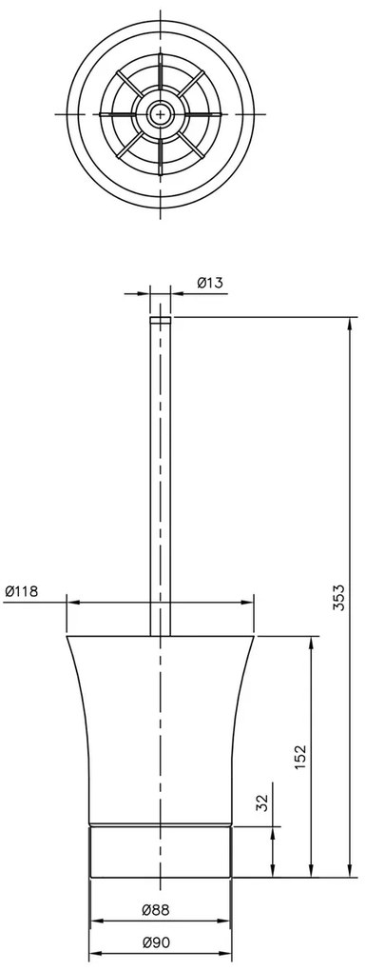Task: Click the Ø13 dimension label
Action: coord(209,283)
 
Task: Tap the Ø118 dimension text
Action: coord(21,591)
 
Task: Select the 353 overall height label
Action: coord(338,598)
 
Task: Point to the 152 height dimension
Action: coord(299,758)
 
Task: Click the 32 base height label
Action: coord(262,803)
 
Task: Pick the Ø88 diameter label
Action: coord(155,910)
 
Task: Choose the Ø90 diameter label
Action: coord(155,943)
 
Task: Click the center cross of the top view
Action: coord(161,114)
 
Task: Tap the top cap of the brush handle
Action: coord(161,321)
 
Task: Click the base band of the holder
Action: coord(161,851)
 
